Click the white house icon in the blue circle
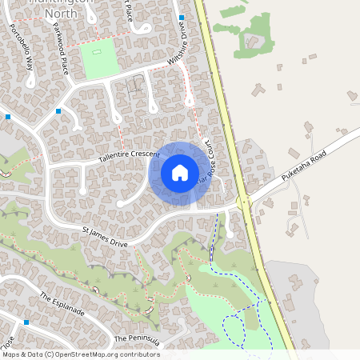(x=179, y=172)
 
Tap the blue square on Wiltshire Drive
(x=182, y=17)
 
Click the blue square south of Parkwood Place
(x=58, y=111)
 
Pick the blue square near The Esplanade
(x=26, y=322)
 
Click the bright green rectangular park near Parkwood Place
(x=100, y=59)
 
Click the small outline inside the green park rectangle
(x=98, y=52)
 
